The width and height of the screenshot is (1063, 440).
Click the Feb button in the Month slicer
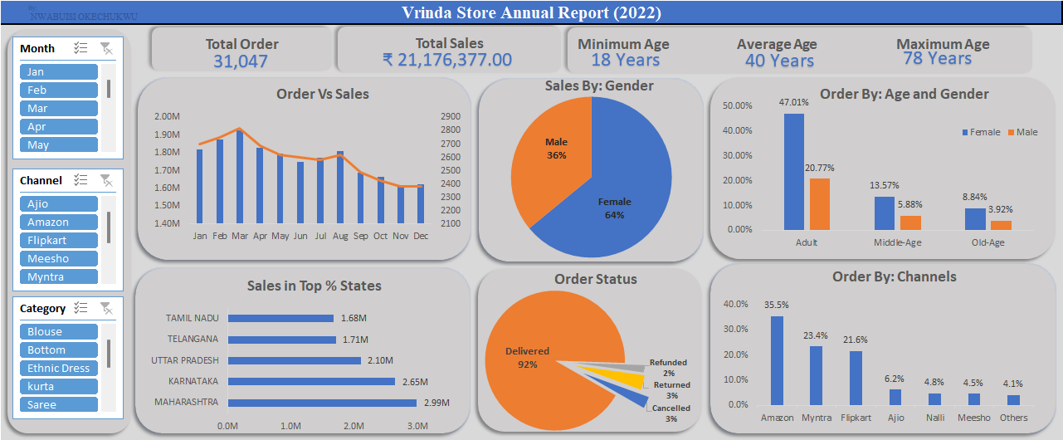pos(58,90)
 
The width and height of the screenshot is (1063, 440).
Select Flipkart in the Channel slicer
pos(58,240)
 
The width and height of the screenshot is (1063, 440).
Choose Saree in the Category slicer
pos(58,404)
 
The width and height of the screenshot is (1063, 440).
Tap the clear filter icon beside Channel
pos(106,180)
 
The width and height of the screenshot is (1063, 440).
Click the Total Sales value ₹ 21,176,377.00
pos(447,60)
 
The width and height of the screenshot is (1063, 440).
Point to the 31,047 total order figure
pos(241,61)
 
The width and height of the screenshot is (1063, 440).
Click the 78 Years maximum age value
pos(937,58)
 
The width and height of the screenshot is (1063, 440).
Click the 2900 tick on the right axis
pos(451,116)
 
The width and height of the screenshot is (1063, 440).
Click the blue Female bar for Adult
pos(793,171)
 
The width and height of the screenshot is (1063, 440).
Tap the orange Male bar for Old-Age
pos(1001,224)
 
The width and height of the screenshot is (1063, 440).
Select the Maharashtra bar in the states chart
pos(322,403)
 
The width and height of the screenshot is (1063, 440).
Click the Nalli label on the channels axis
pos(934,418)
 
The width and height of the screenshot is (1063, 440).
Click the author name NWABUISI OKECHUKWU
pos(83,16)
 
